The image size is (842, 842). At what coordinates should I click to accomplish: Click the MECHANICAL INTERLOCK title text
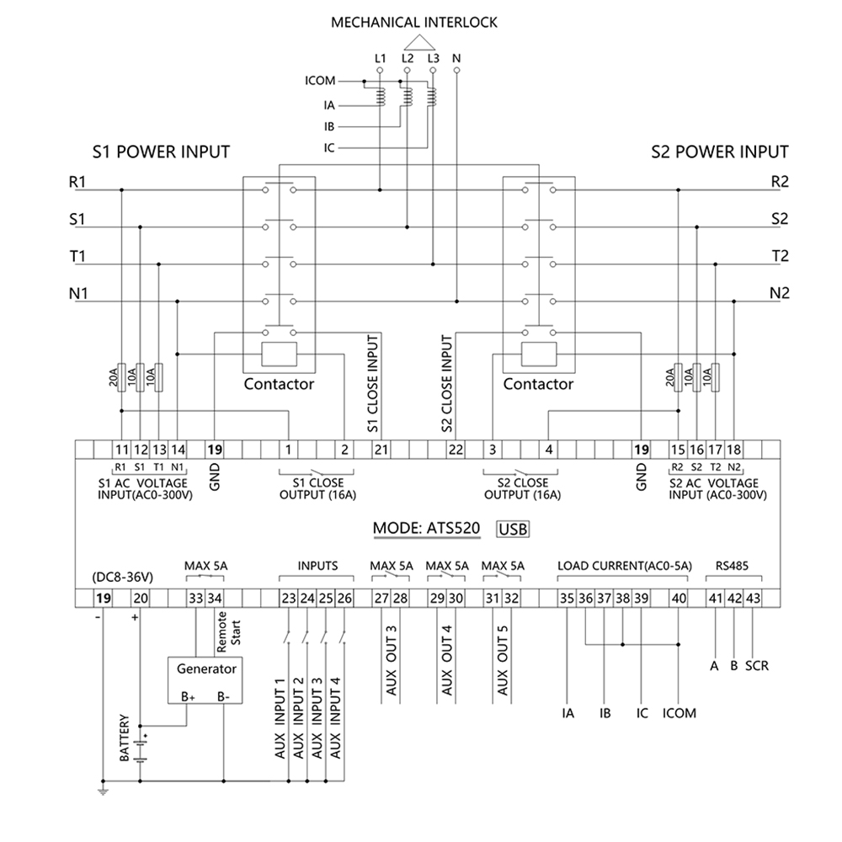click(x=413, y=23)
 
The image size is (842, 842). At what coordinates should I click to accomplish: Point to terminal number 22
click(x=456, y=449)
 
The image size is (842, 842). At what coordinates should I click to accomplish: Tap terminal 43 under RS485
click(x=753, y=599)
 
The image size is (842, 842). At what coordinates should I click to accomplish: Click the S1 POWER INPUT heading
click(x=161, y=152)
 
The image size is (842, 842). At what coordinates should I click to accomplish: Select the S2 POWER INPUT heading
click(x=720, y=152)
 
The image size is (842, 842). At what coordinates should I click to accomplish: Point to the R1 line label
click(x=77, y=182)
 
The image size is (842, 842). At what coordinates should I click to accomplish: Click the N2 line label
click(x=780, y=293)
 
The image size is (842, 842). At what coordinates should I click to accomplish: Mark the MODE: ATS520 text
click(x=427, y=530)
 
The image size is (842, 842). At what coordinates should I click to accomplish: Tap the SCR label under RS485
click(x=757, y=665)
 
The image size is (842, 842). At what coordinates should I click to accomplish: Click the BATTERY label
click(x=125, y=738)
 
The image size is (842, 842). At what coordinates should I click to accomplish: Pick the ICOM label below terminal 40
click(x=679, y=713)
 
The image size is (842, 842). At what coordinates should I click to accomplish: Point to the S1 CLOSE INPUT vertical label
click(x=372, y=383)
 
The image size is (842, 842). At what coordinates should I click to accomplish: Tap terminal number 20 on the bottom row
click(x=140, y=599)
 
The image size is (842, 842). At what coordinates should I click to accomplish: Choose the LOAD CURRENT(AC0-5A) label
click(x=624, y=566)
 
